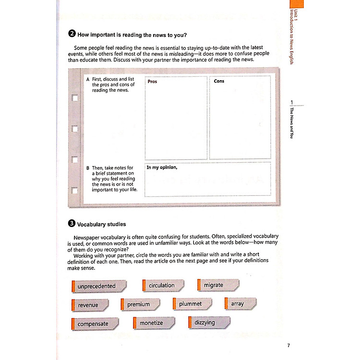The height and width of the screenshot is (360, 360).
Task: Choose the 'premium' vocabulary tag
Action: coord(138,304)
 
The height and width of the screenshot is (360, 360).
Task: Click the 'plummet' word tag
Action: coord(190,304)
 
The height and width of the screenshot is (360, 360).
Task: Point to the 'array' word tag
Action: coord(237,304)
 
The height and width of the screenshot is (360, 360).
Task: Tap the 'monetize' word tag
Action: coord(151,324)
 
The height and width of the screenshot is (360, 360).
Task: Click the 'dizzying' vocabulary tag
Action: coord(205,323)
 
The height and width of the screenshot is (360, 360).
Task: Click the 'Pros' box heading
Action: coord(152,82)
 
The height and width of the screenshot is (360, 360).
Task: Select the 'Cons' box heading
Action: coord(219,81)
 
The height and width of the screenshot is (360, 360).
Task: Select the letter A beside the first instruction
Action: coord(88,78)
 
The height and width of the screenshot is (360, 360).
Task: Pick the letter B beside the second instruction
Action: coord(88,168)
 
